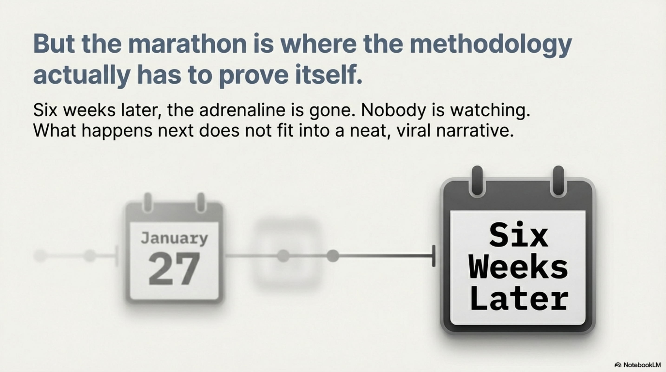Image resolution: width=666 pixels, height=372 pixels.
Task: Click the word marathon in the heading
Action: (188, 44)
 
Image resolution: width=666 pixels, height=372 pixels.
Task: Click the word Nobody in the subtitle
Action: (393, 110)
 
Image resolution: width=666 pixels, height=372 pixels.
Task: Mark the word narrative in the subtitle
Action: (475, 131)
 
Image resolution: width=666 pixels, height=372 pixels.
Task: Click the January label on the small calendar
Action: (174, 238)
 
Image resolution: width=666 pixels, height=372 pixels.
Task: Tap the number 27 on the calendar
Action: (174, 269)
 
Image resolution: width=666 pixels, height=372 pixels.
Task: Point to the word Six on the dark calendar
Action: (518, 236)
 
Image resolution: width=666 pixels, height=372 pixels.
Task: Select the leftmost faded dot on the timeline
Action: (40, 256)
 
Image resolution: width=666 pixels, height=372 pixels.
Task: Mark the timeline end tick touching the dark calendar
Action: (433, 256)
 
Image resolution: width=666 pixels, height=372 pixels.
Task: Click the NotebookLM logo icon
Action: (618, 365)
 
